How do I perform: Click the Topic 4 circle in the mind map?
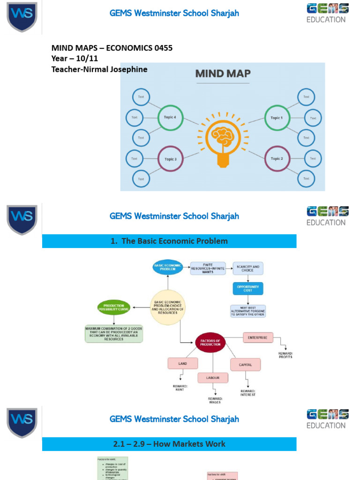pos(170,118)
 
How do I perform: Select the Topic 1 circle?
pos(277,118)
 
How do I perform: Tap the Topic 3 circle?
pos(170,159)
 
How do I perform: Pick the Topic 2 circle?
pos(277,159)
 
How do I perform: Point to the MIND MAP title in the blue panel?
pos(223,74)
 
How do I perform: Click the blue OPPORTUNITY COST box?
pos(248,288)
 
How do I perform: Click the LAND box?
pos(182,363)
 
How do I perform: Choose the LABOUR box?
pos(213,377)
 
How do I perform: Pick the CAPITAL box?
pos(245,364)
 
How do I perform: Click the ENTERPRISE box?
pos(258,337)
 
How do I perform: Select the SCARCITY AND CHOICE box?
pos(248,268)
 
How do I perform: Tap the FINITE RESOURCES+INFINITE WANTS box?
pos(208,268)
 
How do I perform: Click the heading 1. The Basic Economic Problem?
pos(169,241)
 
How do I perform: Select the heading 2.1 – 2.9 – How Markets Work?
pos(169,444)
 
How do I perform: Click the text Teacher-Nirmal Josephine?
pos(99,69)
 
